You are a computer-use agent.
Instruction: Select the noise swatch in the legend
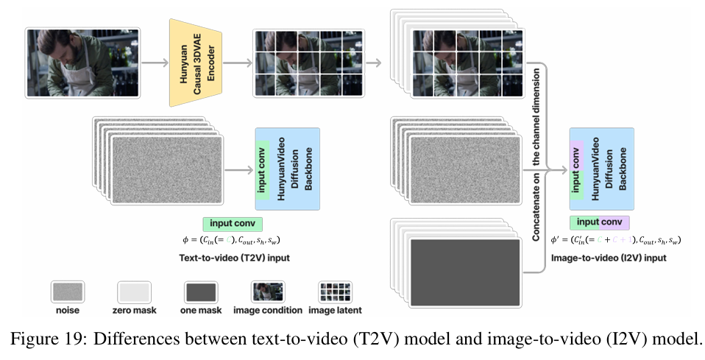[x=68, y=292]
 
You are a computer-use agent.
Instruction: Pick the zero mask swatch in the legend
[x=134, y=292]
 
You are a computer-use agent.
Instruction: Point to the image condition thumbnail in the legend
[x=267, y=292]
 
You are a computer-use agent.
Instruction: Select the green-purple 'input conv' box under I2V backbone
[x=599, y=222]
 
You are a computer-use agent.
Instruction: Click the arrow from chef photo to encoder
[x=152, y=63]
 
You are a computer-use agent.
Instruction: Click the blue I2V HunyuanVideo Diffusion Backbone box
[x=609, y=169]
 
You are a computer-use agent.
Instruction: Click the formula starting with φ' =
[x=615, y=239]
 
